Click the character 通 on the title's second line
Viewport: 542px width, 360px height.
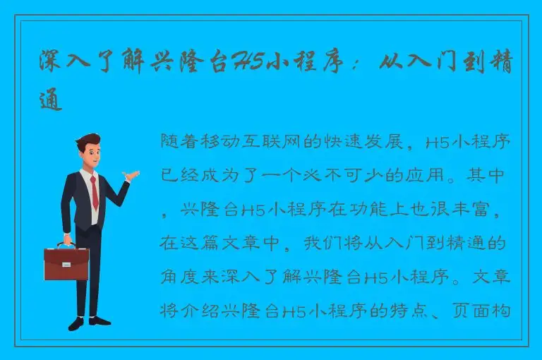click(x=52, y=102)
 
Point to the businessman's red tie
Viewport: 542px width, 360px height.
click(x=94, y=191)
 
